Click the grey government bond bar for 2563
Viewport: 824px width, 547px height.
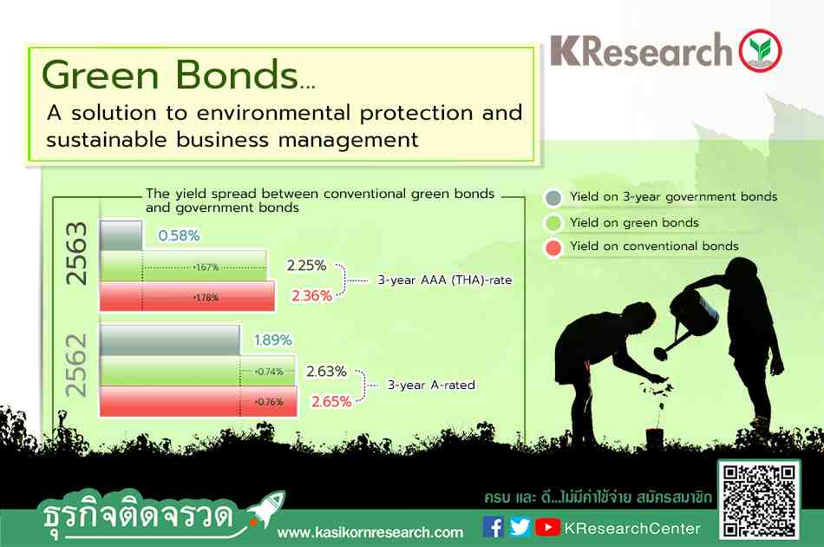[121, 235]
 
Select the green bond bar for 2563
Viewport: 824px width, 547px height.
[183, 267]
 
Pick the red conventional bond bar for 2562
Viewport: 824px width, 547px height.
[198, 401]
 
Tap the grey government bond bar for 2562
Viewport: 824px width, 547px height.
[170, 340]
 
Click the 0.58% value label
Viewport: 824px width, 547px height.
[179, 235]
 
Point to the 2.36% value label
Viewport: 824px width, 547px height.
[311, 295]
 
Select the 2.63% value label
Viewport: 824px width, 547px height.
[326, 372]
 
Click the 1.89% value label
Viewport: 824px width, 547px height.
[272, 339]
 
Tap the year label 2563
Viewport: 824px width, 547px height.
[75, 254]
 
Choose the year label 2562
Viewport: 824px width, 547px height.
[75, 365]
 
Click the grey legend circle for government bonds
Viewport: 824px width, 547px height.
[553, 198]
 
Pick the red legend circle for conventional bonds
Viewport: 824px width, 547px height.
[553, 247]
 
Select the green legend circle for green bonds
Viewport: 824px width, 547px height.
[553, 223]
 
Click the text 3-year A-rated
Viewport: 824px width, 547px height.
[431, 385]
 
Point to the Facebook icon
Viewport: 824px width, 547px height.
[493, 527]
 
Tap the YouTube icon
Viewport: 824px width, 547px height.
[547, 527]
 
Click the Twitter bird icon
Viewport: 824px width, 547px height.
[520, 527]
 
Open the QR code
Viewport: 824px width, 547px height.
[759, 501]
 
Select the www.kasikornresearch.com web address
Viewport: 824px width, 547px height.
[370, 532]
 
